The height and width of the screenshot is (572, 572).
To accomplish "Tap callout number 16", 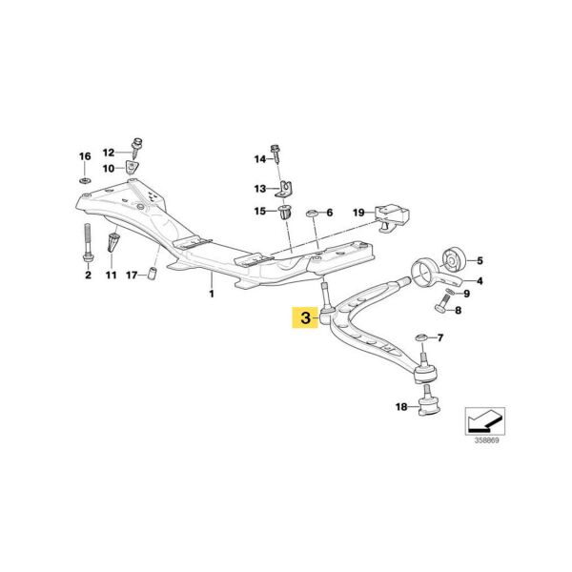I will pyautogui.click(x=84, y=156).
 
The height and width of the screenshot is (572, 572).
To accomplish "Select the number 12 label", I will pyautogui.click(x=108, y=153).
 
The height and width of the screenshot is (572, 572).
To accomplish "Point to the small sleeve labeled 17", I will pyautogui.click(x=151, y=276).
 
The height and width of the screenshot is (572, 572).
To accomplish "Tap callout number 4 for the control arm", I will pyautogui.click(x=480, y=281).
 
